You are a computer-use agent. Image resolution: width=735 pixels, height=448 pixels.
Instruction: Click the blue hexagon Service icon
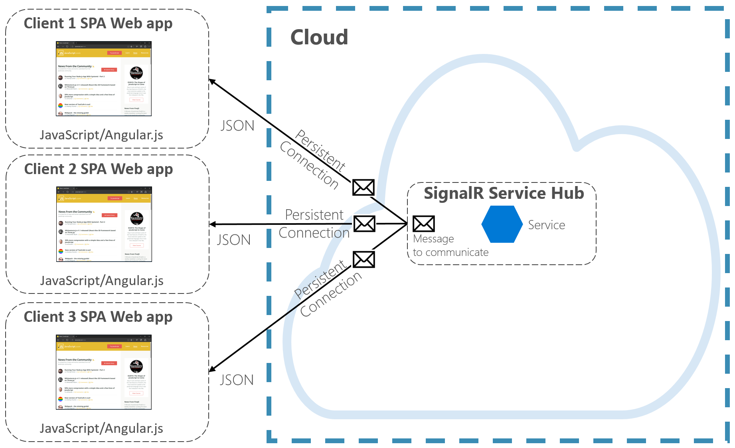(502, 224)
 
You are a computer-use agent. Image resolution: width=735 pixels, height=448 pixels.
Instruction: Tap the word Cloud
(319, 38)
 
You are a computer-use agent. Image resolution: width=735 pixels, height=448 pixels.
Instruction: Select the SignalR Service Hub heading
(504, 193)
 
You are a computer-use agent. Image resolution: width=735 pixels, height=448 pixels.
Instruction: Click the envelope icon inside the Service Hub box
(423, 224)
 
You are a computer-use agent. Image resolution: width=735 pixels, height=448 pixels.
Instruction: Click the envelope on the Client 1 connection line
(363, 187)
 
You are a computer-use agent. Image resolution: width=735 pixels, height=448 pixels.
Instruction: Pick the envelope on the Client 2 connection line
(364, 224)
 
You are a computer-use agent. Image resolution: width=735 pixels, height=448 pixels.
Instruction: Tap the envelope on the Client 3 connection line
(364, 260)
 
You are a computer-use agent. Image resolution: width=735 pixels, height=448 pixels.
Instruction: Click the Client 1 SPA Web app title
(98, 24)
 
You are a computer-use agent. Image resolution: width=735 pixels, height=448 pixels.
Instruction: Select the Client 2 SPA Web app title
(99, 169)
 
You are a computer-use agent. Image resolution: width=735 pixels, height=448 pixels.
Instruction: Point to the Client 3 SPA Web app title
(98, 317)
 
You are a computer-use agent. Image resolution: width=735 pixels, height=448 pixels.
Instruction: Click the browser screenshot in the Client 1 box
(104, 79)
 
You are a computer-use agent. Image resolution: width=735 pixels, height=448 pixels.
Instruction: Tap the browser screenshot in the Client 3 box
(104, 372)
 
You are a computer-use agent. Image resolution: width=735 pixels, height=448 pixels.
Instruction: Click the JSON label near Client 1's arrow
(237, 126)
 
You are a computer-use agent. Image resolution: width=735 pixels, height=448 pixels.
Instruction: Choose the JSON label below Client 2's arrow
(234, 240)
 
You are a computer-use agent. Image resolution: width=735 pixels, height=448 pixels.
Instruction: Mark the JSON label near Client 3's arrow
(237, 380)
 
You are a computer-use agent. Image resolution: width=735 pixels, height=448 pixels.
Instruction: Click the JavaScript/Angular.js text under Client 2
(102, 281)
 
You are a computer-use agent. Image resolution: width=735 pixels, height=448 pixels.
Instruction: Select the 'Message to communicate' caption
(450, 246)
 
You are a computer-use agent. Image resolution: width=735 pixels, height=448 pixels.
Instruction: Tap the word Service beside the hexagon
(546, 225)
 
